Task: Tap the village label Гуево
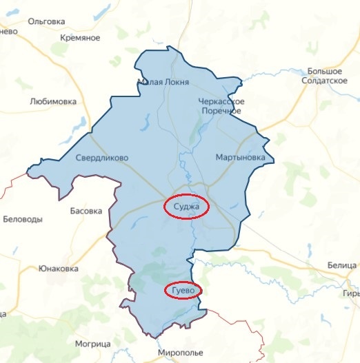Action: pos(183,291)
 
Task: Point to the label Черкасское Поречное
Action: pos(221,105)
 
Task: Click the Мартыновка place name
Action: pos(239,157)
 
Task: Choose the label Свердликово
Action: pos(102,157)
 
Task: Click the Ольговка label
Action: pos(46,21)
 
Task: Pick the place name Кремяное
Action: pos(81,37)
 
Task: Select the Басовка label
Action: pos(86,211)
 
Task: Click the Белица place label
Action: pos(342,265)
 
